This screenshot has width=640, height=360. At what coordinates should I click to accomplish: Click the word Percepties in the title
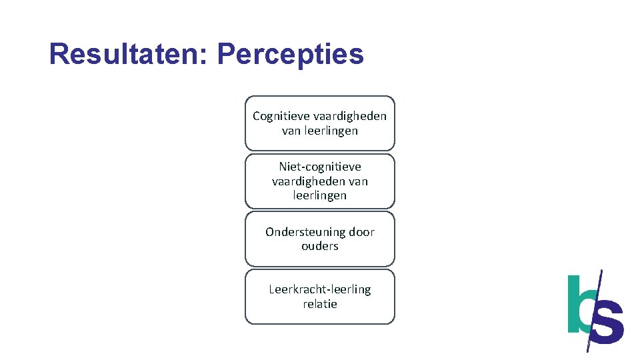click(x=291, y=54)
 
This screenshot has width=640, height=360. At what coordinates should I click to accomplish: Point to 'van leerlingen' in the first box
click(x=320, y=131)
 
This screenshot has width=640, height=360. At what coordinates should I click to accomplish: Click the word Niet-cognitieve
click(x=320, y=167)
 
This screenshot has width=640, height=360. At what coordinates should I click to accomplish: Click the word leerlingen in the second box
click(x=320, y=195)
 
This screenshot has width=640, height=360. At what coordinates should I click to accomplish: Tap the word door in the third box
click(x=362, y=232)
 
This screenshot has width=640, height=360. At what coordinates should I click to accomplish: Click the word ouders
click(x=320, y=246)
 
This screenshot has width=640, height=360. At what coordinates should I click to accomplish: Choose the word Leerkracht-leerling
click(x=320, y=289)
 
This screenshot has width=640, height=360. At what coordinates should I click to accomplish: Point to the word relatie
click(x=320, y=304)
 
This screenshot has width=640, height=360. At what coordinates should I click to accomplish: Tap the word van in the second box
click(x=357, y=181)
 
